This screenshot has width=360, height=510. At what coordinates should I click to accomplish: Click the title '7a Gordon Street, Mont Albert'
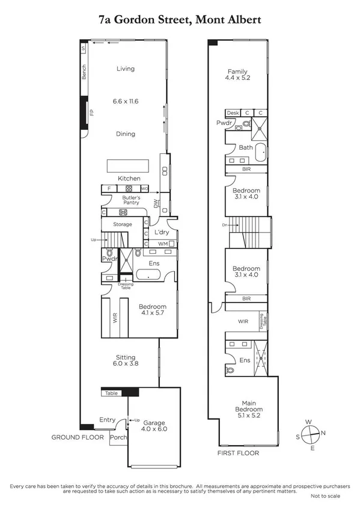tap(180, 20)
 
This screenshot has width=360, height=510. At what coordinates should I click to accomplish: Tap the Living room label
tap(126, 69)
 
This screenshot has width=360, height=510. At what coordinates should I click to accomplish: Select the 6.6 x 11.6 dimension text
tap(126, 101)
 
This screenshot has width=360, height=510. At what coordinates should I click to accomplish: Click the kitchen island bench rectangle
tap(129, 165)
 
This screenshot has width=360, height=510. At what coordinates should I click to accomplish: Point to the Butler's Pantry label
tap(131, 200)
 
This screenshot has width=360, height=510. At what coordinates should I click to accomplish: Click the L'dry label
tap(160, 232)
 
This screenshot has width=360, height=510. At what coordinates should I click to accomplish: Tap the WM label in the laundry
tap(162, 244)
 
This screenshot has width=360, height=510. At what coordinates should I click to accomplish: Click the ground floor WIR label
tap(115, 318)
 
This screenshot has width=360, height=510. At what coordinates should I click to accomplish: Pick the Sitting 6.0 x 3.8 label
tap(126, 360)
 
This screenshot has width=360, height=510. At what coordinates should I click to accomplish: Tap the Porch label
tap(118, 437)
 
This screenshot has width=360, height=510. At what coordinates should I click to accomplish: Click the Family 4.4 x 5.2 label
tap(237, 74)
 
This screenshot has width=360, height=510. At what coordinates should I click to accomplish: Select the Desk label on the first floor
tap(233, 112)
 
